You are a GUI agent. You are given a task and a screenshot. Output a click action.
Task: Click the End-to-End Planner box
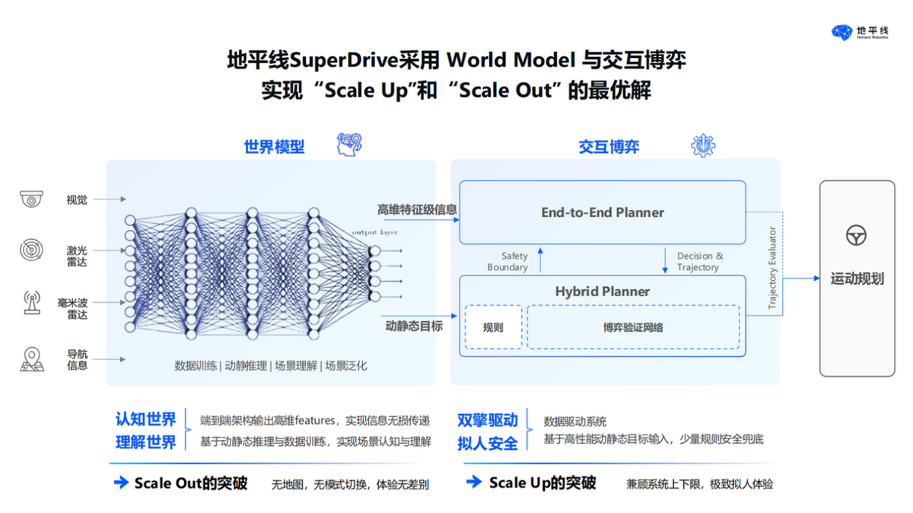(602, 212)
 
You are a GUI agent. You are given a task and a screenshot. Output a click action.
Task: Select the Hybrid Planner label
(602, 292)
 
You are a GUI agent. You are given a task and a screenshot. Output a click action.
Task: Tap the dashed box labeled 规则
(493, 327)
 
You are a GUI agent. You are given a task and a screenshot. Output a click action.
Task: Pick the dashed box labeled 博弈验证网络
(633, 327)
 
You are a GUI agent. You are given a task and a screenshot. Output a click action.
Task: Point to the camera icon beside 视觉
(31, 199)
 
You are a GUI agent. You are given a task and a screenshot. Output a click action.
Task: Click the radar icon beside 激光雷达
(31, 250)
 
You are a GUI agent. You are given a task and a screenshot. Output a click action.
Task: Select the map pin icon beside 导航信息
(31, 358)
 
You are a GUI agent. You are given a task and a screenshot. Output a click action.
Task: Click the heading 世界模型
(274, 147)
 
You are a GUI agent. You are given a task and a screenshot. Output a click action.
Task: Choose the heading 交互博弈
(608, 147)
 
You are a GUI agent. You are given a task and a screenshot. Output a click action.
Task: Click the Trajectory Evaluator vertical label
(772, 268)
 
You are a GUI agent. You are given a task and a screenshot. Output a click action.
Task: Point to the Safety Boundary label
(507, 262)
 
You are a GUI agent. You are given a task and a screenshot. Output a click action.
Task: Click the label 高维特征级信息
(417, 209)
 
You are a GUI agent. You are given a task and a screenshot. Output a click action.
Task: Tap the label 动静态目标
(414, 326)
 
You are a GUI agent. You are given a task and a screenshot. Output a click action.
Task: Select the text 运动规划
(857, 279)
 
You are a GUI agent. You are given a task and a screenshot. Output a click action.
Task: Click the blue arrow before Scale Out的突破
(120, 483)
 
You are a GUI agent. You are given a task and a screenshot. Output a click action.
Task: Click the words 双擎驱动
(487, 420)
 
